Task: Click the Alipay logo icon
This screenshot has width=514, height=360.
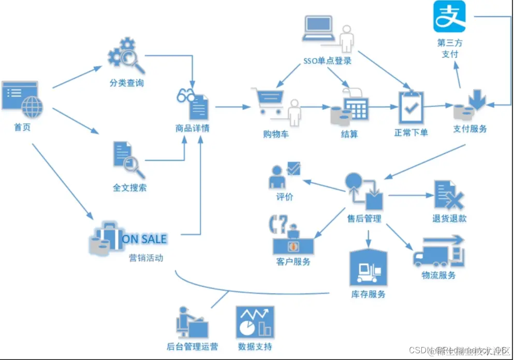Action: coord(449,17)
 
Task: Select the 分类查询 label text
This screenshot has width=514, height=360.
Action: coord(126,83)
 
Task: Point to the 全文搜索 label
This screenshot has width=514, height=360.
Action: coord(129,188)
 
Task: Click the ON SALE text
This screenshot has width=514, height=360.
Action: coord(144,239)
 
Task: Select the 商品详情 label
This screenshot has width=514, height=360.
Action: coord(193,128)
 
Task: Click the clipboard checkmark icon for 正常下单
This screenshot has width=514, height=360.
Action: coord(411,107)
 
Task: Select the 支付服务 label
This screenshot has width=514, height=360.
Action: coord(470,128)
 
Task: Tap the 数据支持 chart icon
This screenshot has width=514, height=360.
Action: coord(255,322)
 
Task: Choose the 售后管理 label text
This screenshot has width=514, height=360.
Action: coord(364,218)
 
